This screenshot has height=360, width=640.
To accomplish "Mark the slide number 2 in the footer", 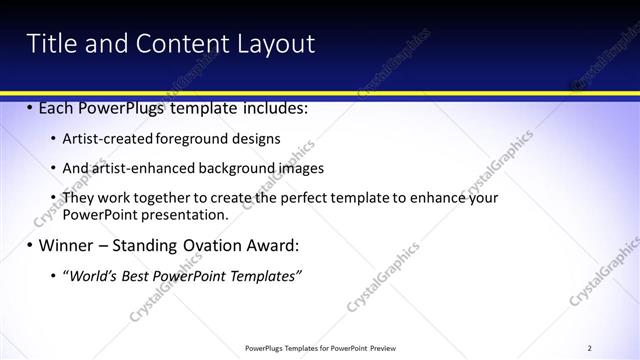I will (x=590, y=348).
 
